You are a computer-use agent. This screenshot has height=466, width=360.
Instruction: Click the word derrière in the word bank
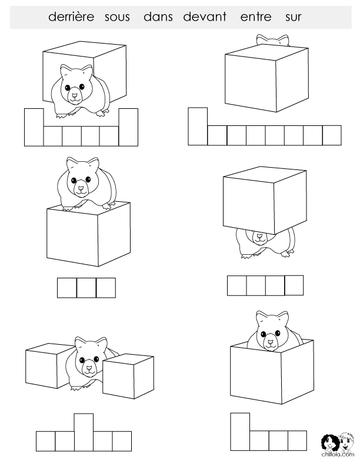click(71, 16)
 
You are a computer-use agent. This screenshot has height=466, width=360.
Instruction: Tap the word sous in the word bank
click(117, 17)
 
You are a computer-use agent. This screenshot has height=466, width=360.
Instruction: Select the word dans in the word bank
click(158, 16)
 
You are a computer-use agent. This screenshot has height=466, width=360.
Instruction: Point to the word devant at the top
click(205, 16)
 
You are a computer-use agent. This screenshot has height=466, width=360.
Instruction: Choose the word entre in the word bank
click(256, 17)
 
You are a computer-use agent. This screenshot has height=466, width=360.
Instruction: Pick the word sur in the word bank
click(293, 18)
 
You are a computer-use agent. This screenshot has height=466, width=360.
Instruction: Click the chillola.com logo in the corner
click(338, 444)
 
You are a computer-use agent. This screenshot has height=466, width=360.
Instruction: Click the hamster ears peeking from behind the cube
click(273, 40)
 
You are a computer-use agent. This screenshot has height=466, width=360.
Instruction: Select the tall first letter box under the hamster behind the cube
click(198, 127)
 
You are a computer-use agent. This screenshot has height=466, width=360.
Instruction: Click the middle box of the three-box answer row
click(86, 288)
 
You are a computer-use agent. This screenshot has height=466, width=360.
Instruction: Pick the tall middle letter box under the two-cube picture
click(84, 432)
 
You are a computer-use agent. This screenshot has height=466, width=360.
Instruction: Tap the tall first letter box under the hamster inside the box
click(240, 431)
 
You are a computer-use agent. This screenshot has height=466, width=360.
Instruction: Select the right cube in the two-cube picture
click(128, 376)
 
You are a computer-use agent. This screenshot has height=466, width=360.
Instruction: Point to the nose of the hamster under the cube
click(259, 237)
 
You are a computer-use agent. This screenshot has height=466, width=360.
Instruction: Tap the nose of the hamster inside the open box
click(271, 342)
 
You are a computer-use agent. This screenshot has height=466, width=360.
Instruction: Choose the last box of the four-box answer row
click(294, 285)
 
